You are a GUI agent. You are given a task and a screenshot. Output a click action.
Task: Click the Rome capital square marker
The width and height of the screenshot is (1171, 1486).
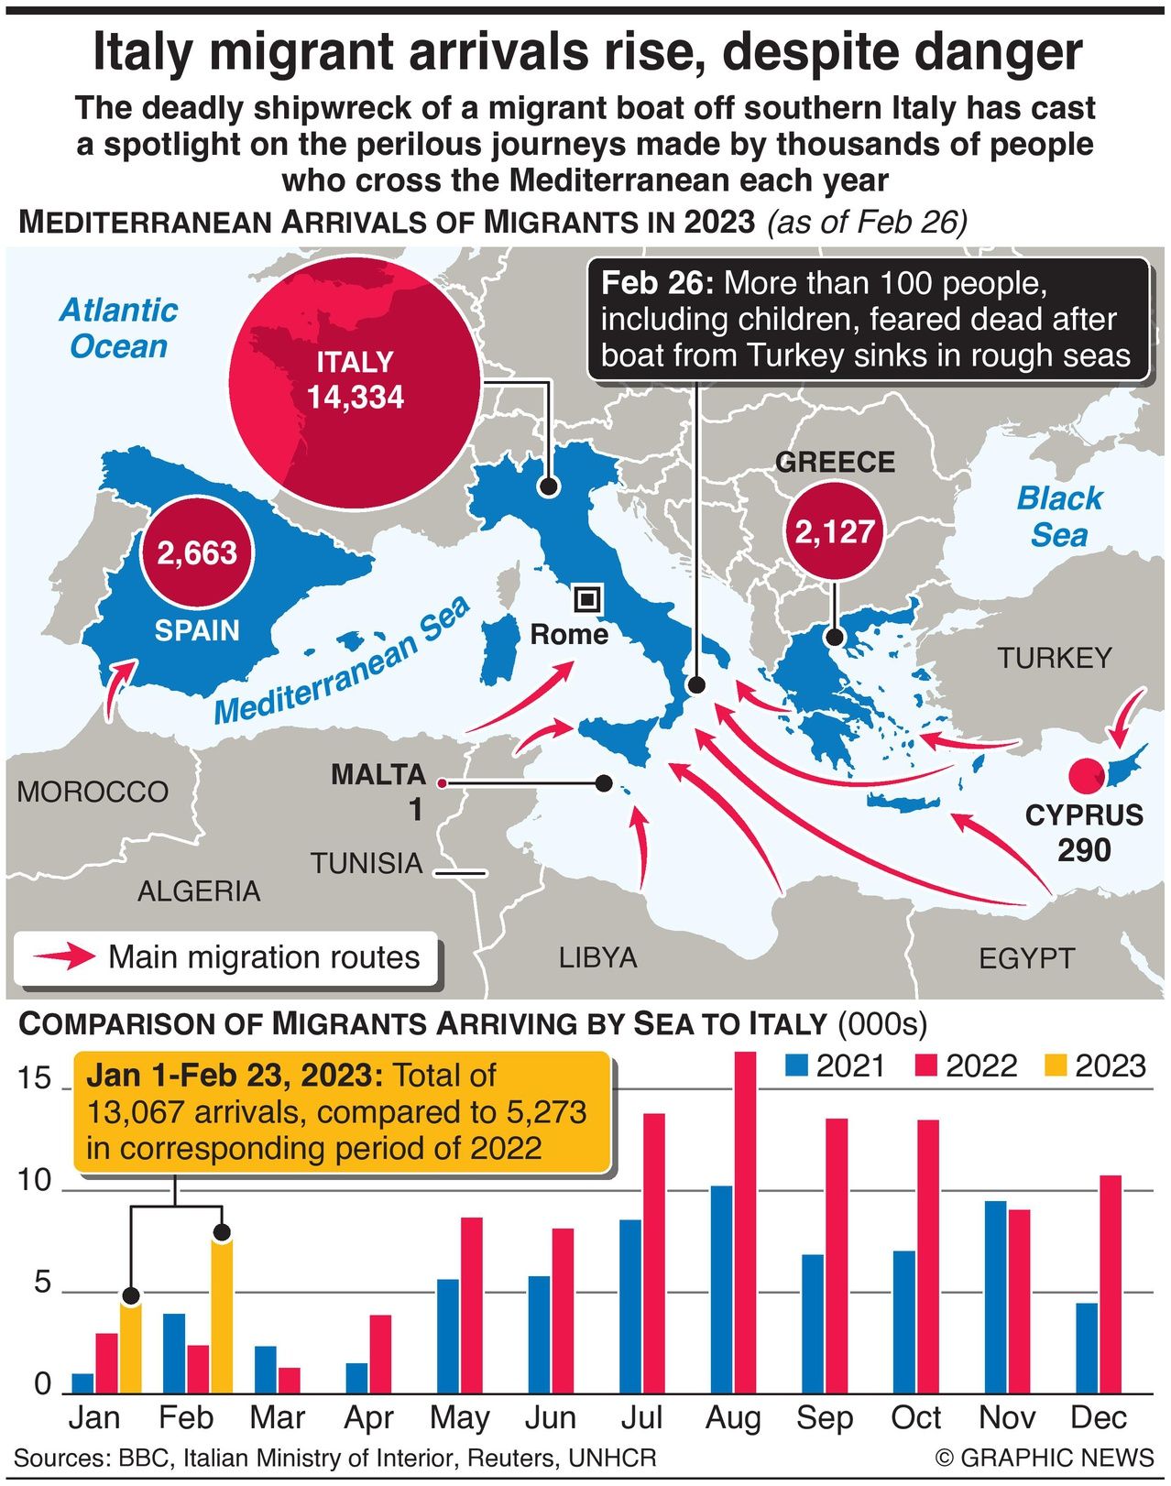point(587,600)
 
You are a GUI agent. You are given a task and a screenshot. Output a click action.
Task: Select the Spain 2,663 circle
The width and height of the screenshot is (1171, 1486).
point(197,552)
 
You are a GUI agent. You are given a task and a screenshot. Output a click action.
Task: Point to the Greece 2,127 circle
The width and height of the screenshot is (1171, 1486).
point(835,531)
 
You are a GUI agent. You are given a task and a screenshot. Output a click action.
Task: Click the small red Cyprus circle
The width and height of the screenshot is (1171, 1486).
point(1088,776)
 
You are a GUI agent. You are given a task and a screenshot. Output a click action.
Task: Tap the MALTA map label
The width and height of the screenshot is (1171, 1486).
point(378,775)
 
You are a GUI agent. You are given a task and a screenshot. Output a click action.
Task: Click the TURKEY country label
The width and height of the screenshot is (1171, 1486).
point(1055,658)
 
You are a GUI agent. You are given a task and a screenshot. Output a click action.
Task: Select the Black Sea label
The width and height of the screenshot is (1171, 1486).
point(1059,517)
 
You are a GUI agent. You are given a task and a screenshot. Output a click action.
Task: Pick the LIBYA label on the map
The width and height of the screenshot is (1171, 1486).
point(597,957)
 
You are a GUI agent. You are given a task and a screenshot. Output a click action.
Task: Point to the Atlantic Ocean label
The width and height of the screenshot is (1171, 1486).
point(118,329)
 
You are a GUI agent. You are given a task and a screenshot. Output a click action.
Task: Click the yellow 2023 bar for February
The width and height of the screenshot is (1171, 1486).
point(222,1316)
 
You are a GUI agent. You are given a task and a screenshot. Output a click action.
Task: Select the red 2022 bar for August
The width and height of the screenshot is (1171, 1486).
point(746,1223)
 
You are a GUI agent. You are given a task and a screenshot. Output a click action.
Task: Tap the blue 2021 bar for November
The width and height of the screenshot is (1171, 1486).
point(995,1297)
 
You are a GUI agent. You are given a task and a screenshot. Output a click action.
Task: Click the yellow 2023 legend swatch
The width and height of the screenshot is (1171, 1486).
point(1056,1065)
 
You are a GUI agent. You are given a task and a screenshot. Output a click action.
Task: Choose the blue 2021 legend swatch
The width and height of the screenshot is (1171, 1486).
point(797,1065)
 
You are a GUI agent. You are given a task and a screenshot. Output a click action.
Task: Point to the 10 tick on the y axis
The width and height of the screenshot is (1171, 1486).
point(36,1181)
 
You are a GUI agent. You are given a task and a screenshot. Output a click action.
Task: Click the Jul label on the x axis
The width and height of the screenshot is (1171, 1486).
point(641,1418)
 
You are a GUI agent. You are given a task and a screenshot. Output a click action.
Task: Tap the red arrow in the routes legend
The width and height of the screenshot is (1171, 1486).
point(64,957)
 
